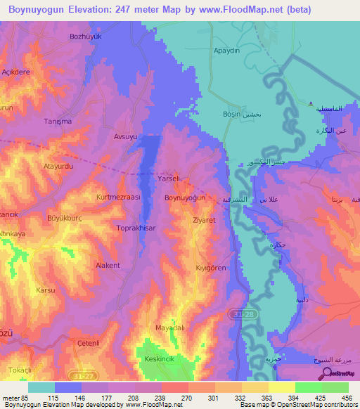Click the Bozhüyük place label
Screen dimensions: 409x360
click(86, 36)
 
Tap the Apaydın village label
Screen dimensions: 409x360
click(227, 51)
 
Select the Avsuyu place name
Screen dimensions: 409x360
click(127, 137)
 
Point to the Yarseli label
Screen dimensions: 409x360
click(170, 179)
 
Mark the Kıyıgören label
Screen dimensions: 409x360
click(210, 268)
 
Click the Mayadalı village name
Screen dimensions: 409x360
click(169, 327)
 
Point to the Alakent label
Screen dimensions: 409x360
click(108, 266)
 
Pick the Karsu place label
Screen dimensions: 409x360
click(45, 290)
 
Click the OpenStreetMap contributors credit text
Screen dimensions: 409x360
click(310, 405)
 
